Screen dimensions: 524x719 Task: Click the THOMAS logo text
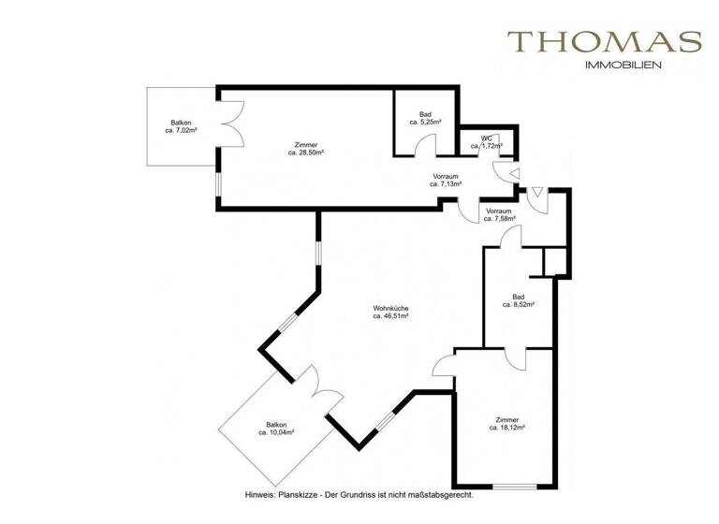604,42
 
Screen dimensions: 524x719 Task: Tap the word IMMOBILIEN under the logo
623,65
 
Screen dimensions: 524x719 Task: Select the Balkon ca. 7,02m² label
182,127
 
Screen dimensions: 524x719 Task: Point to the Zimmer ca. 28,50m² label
305,148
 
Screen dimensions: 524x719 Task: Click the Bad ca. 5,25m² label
425,118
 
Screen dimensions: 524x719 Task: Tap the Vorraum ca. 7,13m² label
446,181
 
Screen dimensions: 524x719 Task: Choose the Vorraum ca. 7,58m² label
499,215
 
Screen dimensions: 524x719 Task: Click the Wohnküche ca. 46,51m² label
390,313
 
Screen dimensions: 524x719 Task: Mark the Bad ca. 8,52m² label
518,300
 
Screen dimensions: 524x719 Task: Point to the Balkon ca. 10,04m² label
276,429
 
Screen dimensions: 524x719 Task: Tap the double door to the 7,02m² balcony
230,125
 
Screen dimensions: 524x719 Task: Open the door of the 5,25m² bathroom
426,148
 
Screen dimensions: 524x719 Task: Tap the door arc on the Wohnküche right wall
443,367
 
